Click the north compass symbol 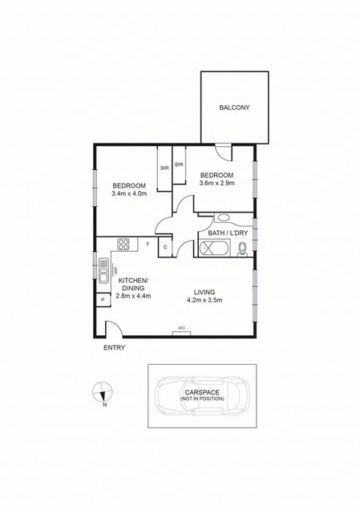pos(102,393)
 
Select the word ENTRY pos(115,349)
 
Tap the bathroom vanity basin pos(223,217)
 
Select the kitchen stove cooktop pos(124,244)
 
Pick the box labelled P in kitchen pos(103,300)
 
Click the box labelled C pos(165,247)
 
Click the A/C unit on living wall pos(182,329)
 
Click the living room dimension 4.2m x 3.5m pos(204,300)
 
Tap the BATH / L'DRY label pos(227,234)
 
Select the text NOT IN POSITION pos(202,398)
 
